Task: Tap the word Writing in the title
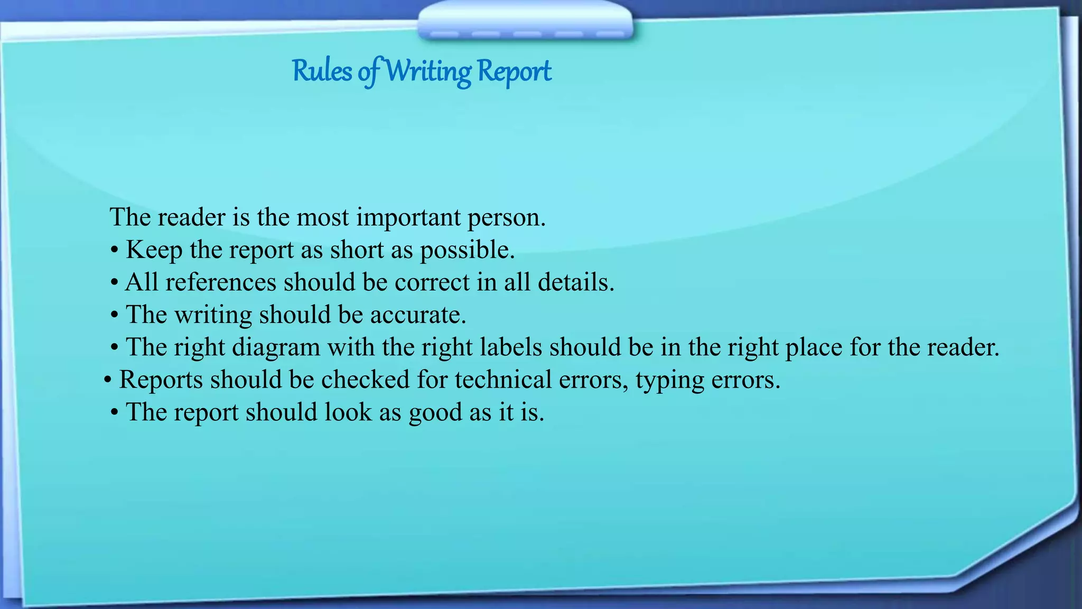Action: [428, 72]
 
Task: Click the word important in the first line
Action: [408, 218]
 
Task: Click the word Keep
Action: [154, 250]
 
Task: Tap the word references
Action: [221, 282]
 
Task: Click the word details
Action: [576, 282]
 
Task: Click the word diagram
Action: [276, 348]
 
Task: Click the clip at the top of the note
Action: [525, 21]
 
